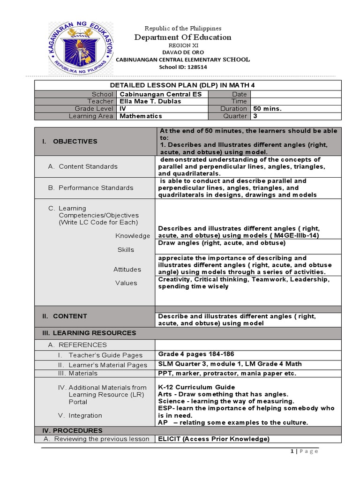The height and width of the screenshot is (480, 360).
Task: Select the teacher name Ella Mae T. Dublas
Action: [x=148, y=101]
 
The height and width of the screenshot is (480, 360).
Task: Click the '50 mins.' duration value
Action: [x=267, y=109]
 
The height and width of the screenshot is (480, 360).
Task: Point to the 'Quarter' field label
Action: [x=236, y=116]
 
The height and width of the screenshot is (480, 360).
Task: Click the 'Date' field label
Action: [x=239, y=94]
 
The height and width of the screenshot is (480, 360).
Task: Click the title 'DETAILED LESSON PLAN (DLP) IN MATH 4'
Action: [x=188, y=85]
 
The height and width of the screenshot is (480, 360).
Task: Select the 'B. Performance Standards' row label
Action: [x=91, y=187]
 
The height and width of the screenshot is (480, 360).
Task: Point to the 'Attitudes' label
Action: [x=127, y=269]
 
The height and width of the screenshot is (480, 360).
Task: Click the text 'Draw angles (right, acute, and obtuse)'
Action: [x=222, y=243]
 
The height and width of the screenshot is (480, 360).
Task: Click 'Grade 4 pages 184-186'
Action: [x=196, y=354]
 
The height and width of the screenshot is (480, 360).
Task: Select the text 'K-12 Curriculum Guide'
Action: [x=196, y=387]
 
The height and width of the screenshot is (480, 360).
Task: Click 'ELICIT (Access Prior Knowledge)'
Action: [x=214, y=439]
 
